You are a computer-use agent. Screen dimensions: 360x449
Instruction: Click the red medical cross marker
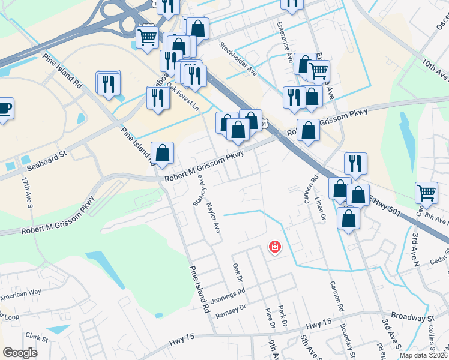tap(275, 247)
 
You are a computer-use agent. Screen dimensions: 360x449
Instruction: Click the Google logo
tap(20, 352)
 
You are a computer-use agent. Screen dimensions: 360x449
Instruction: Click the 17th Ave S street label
tap(28, 191)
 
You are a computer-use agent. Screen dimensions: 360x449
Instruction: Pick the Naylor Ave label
tap(214, 217)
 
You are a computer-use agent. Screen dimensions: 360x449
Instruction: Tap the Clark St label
tap(37, 339)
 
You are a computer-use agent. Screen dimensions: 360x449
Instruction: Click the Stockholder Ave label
tap(238, 59)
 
